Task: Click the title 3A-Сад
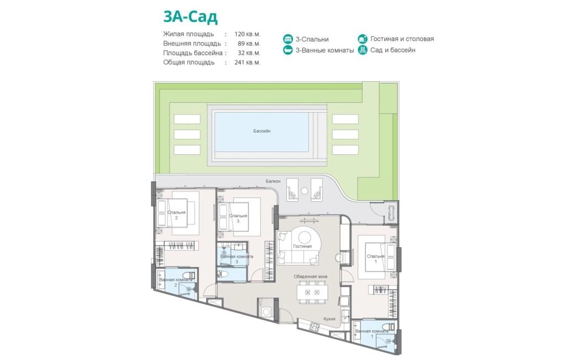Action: (x=190, y=17)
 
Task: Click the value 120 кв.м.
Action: (x=247, y=34)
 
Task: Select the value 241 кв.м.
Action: (x=247, y=62)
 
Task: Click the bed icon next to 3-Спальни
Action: (x=287, y=39)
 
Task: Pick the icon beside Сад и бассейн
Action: (x=363, y=50)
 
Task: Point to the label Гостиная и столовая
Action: (x=402, y=39)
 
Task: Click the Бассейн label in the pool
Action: (x=261, y=131)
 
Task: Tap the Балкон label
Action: (x=273, y=181)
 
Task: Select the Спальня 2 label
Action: (x=176, y=215)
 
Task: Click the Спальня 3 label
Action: (x=238, y=218)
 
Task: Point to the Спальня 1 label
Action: (x=376, y=259)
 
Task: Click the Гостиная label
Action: (x=302, y=246)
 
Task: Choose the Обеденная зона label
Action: (x=311, y=276)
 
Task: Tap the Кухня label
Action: (x=329, y=319)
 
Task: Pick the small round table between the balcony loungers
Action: (x=305, y=190)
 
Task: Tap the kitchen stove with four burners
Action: (x=315, y=327)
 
